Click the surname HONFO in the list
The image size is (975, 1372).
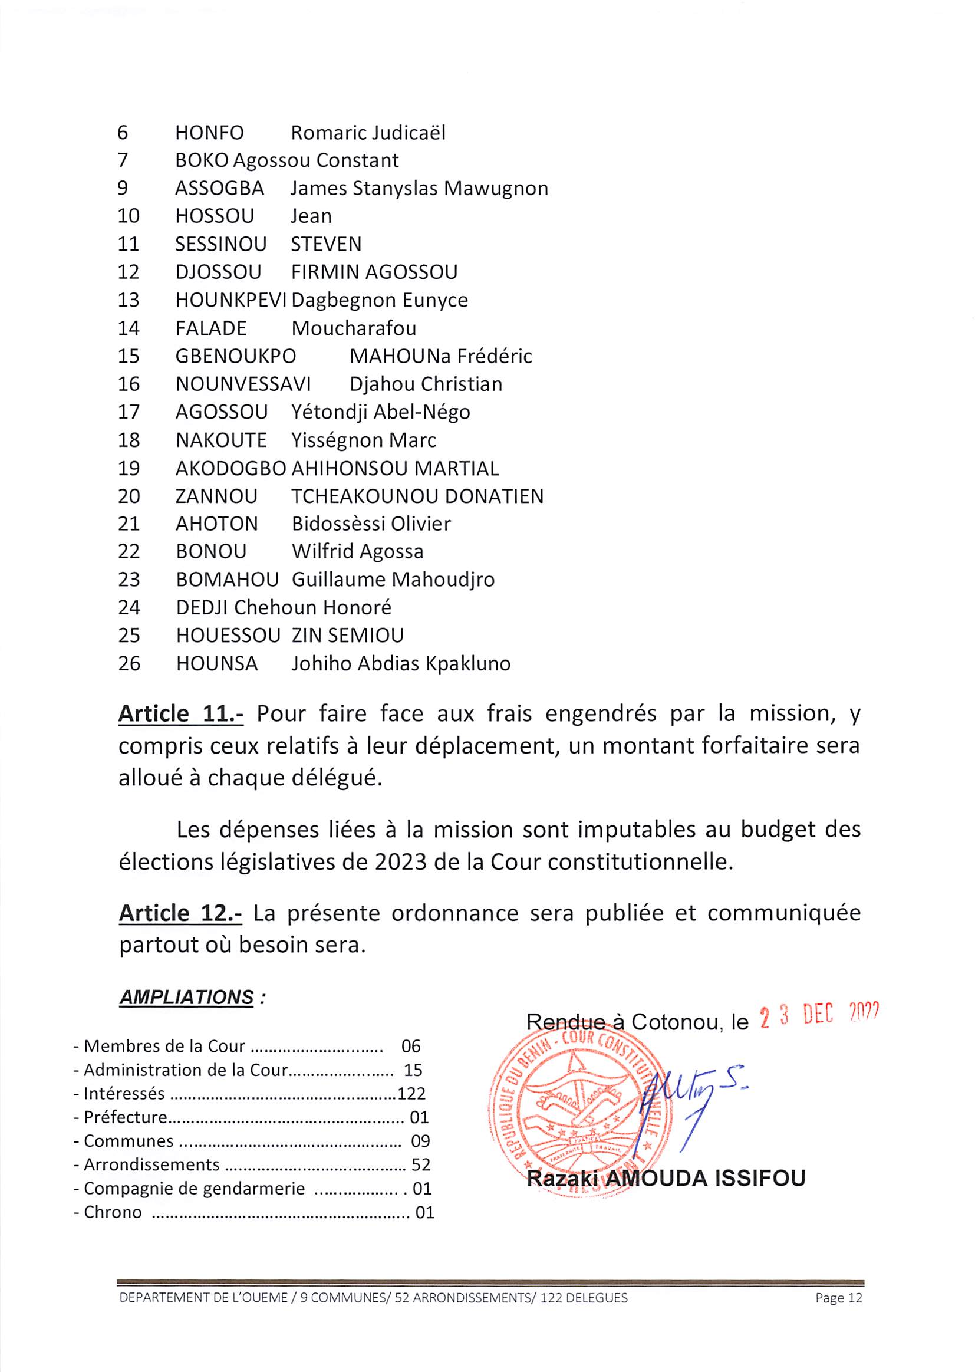(x=209, y=133)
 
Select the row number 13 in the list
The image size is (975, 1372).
(x=129, y=300)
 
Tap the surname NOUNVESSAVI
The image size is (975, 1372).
(x=243, y=384)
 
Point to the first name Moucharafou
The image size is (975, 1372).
(x=354, y=328)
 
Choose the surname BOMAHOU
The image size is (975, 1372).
(x=228, y=580)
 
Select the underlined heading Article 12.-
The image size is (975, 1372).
(x=180, y=914)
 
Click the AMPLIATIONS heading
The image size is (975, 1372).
(x=187, y=998)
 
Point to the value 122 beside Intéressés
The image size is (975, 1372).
(x=411, y=1094)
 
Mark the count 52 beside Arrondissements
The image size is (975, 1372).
(x=421, y=1166)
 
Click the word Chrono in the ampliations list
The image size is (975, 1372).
(x=113, y=1213)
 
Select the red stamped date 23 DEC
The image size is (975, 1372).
(x=796, y=1017)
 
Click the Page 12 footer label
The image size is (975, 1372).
(x=839, y=1298)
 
